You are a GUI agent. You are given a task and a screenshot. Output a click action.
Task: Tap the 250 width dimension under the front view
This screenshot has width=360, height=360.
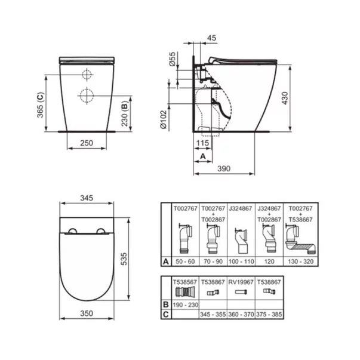click(87, 143)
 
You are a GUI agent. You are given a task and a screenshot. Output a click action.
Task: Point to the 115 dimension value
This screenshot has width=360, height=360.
click(202, 143)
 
